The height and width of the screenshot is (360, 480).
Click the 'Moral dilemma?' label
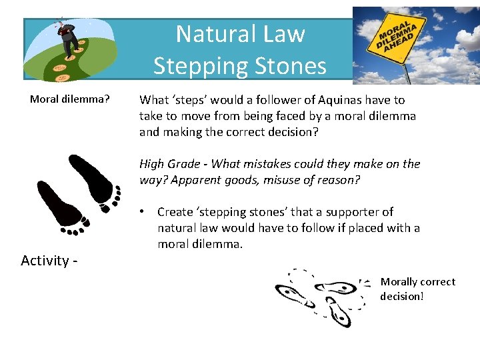tap(69, 100)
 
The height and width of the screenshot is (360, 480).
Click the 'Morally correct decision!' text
tap(417, 289)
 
